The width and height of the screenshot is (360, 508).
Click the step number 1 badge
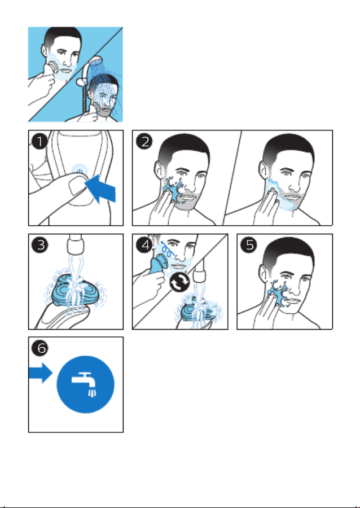40,142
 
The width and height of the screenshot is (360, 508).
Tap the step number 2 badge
144,142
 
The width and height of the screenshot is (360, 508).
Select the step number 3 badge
40,244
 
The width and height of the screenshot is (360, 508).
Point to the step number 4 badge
144,244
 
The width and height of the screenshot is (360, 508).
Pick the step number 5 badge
249,244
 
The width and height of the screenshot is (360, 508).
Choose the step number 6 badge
40,348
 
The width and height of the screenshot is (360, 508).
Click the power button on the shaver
80,170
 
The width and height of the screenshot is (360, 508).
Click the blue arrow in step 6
41,373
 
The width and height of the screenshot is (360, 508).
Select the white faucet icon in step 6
85,384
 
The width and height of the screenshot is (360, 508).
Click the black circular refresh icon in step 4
179,282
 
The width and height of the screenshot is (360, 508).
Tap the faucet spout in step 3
75,245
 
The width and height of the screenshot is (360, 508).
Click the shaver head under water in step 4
197,312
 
